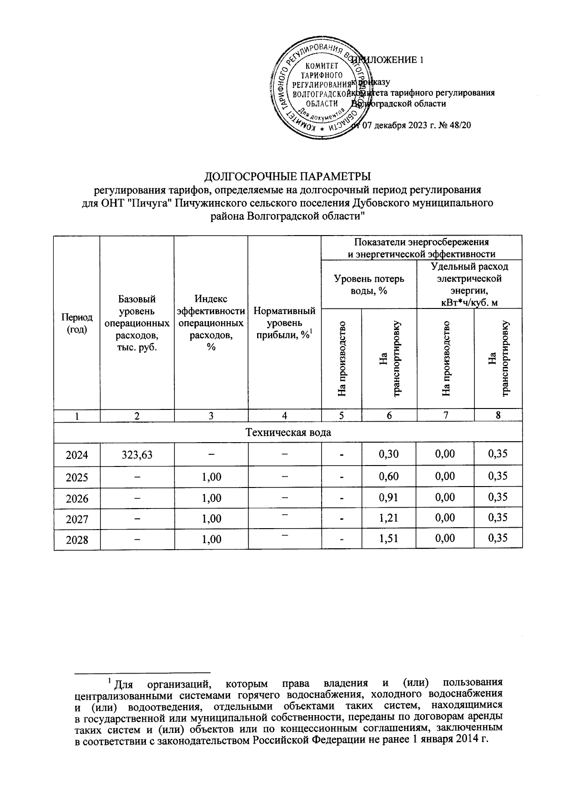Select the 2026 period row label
pyautogui.click(x=77, y=498)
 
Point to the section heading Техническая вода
pyautogui.click(x=288, y=432)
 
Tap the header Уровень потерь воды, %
pyautogui.click(x=369, y=284)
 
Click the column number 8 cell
pyautogui.click(x=498, y=415)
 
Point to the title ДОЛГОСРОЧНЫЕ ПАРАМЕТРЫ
pyautogui.click(x=288, y=177)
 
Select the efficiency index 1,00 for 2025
pyautogui.click(x=211, y=477)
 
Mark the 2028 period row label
pyautogui.click(x=77, y=540)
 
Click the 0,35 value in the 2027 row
pyautogui.click(x=498, y=517)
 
